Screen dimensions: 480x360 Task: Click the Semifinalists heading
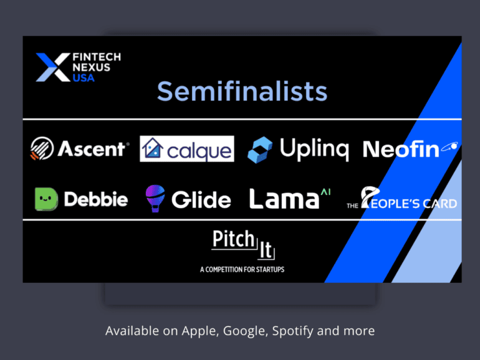pyautogui.click(x=242, y=92)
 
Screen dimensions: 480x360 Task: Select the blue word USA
pyautogui.click(x=84, y=78)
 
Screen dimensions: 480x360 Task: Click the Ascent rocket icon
pyautogui.click(x=42, y=148)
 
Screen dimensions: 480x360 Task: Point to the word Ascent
pyautogui.click(x=92, y=149)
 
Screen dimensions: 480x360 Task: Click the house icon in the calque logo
pyautogui.click(x=153, y=148)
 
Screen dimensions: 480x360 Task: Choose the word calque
pyautogui.click(x=199, y=151)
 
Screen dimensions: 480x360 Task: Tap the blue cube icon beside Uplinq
pyautogui.click(x=260, y=149)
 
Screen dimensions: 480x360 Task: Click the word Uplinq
pyautogui.click(x=314, y=149)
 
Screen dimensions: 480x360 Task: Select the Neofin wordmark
pyautogui.click(x=410, y=149)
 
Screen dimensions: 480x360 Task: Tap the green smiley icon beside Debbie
pyautogui.click(x=46, y=199)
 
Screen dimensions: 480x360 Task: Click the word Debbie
pyautogui.click(x=96, y=199)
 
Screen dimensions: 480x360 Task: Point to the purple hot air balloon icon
pyautogui.click(x=155, y=198)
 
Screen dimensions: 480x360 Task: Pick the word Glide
pyautogui.click(x=201, y=200)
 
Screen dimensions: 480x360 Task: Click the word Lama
pyautogui.click(x=284, y=199)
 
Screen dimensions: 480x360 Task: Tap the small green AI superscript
pyautogui.click(x=325, y=192)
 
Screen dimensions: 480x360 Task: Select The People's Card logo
pyautogui.click(x=401, y=198)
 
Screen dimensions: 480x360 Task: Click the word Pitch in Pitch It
pyautogui.click(x=234, y=239)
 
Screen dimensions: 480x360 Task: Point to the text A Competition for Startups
pyautogui.click(x=242, y=270)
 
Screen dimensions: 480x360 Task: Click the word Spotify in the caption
pyautogui.click(x=293, y=331)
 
